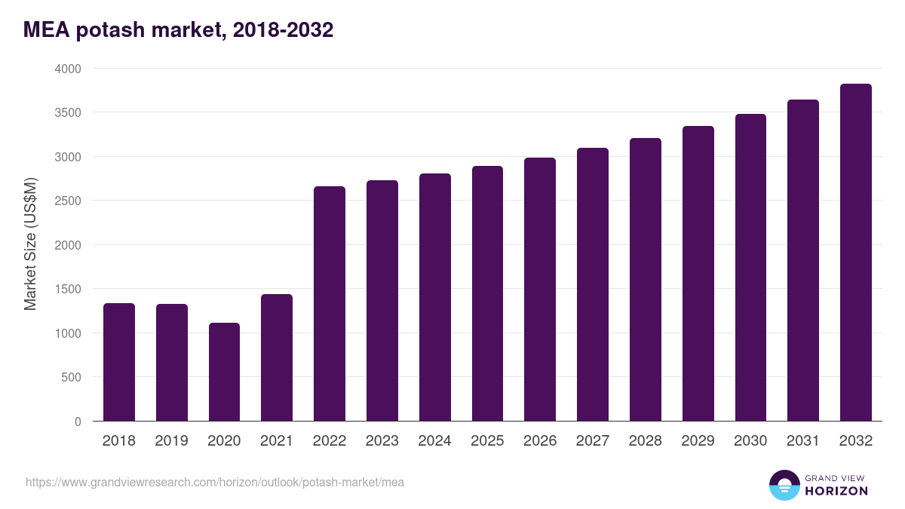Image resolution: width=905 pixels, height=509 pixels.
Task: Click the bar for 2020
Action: point(224,372)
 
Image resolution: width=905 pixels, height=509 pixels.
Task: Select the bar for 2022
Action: point(330,303)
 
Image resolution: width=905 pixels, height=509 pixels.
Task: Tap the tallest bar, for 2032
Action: point(855,252)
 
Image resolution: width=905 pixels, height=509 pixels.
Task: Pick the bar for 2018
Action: point(119,362)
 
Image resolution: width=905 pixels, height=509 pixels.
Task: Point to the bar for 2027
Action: point(593,284)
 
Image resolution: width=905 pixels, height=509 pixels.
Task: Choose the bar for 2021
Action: point(277,357)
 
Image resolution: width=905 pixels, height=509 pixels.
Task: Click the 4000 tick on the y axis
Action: point(67,69)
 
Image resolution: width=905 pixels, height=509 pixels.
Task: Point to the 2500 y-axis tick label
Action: point(67,201)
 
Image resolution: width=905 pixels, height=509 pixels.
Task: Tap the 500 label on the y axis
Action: point(72,377)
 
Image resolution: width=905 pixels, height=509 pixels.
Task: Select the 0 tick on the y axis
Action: point(78,422)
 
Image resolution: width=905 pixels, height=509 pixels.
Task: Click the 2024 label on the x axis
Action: point(434,441)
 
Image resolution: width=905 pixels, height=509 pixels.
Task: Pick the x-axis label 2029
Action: point(698,441)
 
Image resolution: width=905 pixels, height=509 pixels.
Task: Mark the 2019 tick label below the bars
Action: point(171,441)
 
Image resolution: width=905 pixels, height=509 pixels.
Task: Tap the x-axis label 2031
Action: point(803,441)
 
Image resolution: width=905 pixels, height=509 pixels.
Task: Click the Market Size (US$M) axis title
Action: point(30,244)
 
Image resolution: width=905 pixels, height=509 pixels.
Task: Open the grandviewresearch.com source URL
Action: point(215,482)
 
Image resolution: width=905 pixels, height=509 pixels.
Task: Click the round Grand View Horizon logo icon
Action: point(784,485)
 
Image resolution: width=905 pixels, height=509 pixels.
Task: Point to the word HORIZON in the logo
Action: point(836,491)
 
